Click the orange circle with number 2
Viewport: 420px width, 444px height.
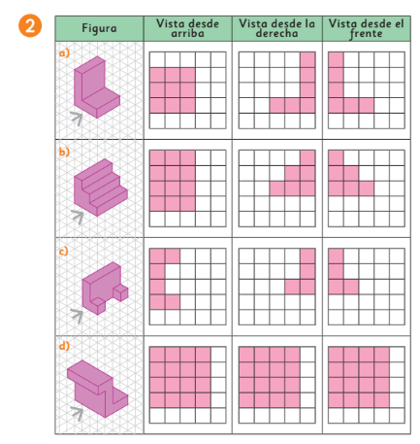pyautogui.click(x=30, y=25)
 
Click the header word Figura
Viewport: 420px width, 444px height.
pyautogui.click(x=99, y=28)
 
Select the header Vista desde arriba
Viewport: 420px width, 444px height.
pyautogui.click(x=187, y=28)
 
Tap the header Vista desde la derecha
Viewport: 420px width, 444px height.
pyautogui.click(x=276, y=28)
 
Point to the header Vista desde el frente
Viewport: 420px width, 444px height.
pyautogui.click(x=366, y=28)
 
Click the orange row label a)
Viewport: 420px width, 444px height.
pyautogui.click(x=64, y=52)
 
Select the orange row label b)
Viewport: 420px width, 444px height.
pyautogui.click(x=64, y=152)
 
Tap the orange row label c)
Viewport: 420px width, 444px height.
pyautogui.click(x=64, y=251)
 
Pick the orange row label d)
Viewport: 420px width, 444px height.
pyautogui.click(x=64, y=346)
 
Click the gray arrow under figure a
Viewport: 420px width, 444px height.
pyautogui.click(x=78, y=118)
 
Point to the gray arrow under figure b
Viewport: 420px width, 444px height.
pyautogui.click(x=78, y=216)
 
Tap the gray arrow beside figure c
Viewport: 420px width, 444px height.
pyautogui.click(x=78, y=315)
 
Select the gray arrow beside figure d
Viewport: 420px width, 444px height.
pyautogui.click(x=78, y=414)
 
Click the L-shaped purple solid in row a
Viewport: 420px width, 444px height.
pyautogui.click(x=96, y=87)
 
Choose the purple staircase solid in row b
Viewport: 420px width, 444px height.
pyautogui.click(x=100, y=188)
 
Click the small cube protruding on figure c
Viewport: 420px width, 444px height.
pyautogui.click(x=120, y=292)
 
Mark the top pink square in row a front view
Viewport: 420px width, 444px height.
pyautogui.click(x=336, y=60)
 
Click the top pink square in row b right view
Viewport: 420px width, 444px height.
pyautogui.click(x=307, y=157)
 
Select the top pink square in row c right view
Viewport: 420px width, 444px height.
pyautogui.click(x=307, y=256)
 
